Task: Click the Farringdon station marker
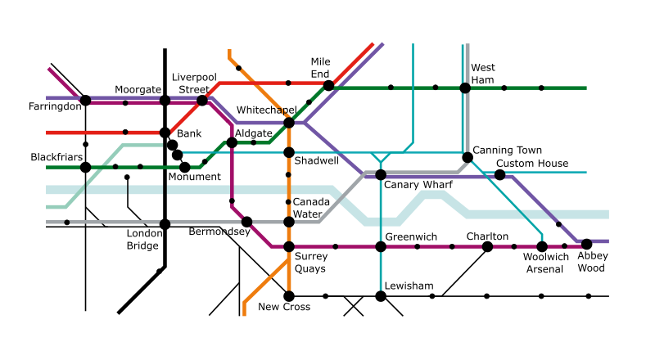85,101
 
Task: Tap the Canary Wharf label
418,185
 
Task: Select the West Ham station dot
465,88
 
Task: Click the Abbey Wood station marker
586,244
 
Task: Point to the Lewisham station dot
381,295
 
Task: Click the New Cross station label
284,308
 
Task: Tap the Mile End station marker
328,85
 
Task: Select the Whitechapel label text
266,110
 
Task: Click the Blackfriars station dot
85,167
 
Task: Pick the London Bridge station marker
165,223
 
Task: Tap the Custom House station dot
499,174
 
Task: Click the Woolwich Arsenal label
546,263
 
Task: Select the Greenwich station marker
381,246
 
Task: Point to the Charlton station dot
487,246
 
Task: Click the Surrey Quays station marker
288,246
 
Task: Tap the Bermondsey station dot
246,221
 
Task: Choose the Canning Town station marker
467,157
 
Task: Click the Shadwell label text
316,161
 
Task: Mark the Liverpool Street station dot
202,101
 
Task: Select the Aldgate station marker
232,142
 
